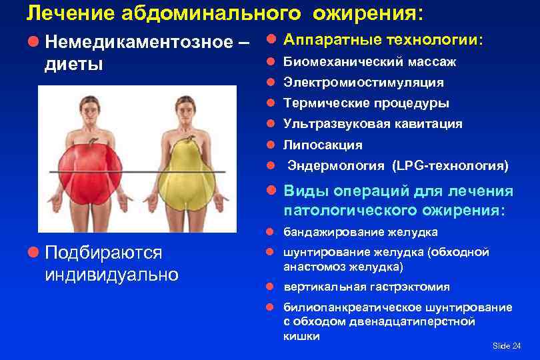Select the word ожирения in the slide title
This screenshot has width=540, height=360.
(371, 12)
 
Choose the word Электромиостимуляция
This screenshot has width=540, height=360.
(363, 83)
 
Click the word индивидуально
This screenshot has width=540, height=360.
(111, 274)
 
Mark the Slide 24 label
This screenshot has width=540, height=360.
(506, 345)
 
